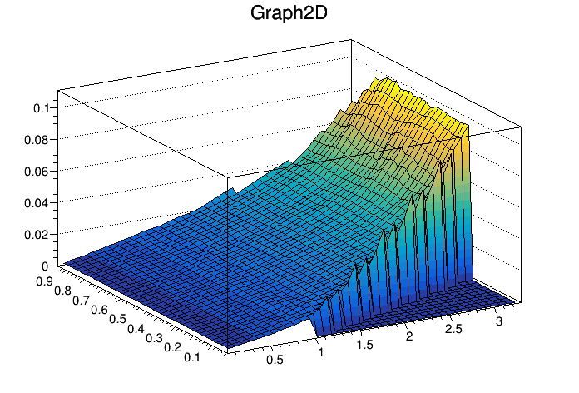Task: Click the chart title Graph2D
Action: coord(289,14)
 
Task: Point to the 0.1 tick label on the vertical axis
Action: coord(42,107)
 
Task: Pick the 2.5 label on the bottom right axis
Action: coord(452,326)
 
